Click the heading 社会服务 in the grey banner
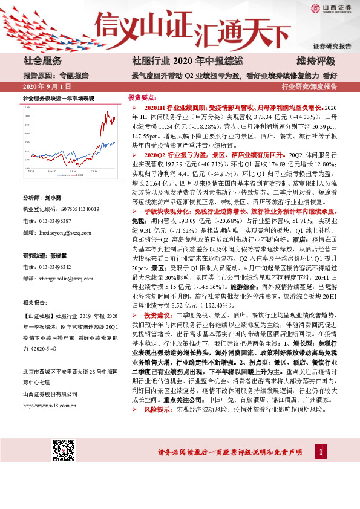pos(42,61)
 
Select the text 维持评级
pos(316,61)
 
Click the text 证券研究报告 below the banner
pos(332,46)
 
